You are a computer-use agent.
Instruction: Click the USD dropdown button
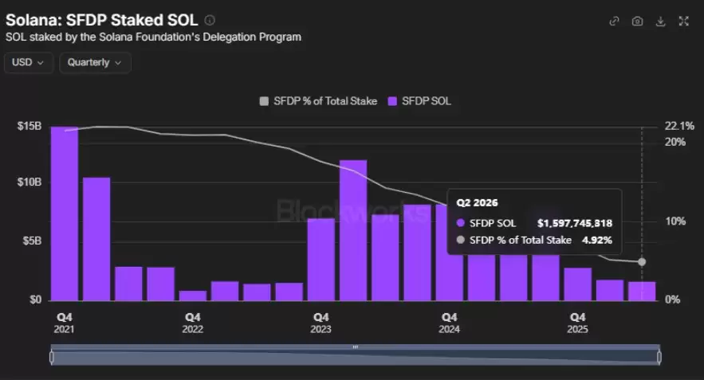point(28,62)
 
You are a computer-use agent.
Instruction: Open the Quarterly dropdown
point(95,62)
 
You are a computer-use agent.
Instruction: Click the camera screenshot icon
point(637,21)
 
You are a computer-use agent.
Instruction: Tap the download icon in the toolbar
point(660,21)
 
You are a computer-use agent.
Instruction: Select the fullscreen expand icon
point(684,21)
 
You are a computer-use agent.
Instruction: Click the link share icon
point(614,21)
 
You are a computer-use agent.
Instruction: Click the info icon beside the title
point(210,20)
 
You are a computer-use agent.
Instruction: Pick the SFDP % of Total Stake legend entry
point(318,101)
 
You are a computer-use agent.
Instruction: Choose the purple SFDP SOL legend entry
point(419,101)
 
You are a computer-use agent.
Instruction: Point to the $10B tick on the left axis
point(29,182)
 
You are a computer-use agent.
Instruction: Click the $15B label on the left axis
point(29,126)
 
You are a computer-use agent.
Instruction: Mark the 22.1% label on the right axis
point(679,126)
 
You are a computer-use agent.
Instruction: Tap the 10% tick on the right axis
point(675,221)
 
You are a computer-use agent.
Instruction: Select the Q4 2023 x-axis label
point(321,323)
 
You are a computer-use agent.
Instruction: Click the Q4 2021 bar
point(65,214)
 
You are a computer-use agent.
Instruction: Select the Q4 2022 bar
point(193,296)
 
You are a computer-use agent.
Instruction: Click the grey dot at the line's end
point(642,261)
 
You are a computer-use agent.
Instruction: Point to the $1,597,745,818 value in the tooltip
point(575,223)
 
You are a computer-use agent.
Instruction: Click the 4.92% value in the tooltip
point(597,241)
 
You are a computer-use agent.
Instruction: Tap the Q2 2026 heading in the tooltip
point(477,203)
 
